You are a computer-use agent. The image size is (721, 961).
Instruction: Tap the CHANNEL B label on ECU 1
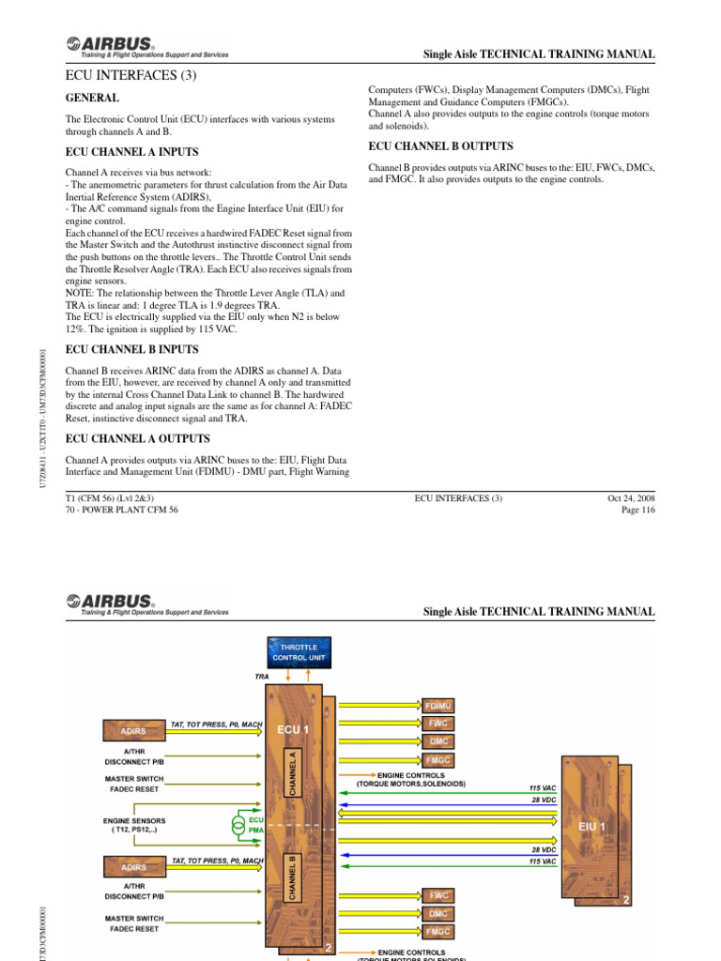click(x=293, y=877)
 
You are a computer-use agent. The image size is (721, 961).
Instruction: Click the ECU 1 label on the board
click(x=293, y=727)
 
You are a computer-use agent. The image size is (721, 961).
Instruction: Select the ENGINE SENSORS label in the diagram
click(x=136, y=820)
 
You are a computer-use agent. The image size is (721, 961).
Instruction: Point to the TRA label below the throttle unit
click(x=262, y=675)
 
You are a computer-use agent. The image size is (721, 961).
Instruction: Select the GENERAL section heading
click(x=92, y=98)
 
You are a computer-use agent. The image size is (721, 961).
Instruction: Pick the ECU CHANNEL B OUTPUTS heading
click(x=440, y=146)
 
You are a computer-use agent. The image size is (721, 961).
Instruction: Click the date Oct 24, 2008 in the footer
click(x=631, y=498)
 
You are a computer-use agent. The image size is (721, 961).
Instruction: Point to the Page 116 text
click(x=637, y=511)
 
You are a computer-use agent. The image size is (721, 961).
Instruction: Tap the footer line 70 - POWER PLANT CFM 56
click(x=121, y=511)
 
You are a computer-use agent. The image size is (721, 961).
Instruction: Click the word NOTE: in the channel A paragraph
click(x=82, y=293)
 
